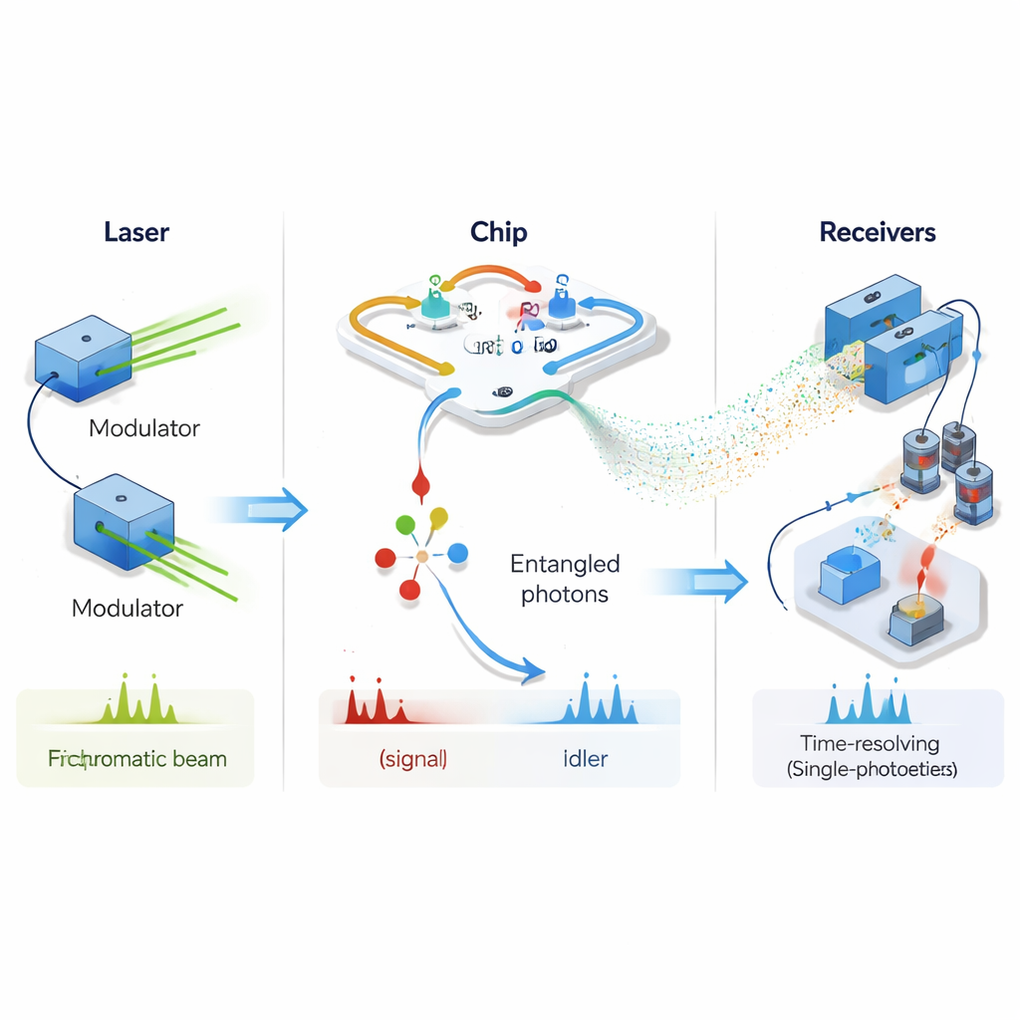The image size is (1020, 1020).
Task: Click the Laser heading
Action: (136, 233)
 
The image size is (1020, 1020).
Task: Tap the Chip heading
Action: (498, 233)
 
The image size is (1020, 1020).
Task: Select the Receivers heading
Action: (878, 233)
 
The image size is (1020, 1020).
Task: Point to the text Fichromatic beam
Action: (137, 758)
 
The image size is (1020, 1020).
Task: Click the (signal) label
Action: (412, 758)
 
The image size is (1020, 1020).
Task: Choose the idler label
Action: (579, 758)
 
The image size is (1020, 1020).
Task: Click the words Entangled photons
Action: (565, 579)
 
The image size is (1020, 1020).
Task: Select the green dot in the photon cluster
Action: (404, 524)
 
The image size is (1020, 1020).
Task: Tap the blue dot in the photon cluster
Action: (457, 552)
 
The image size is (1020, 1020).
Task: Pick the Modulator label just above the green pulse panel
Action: (127, 608)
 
